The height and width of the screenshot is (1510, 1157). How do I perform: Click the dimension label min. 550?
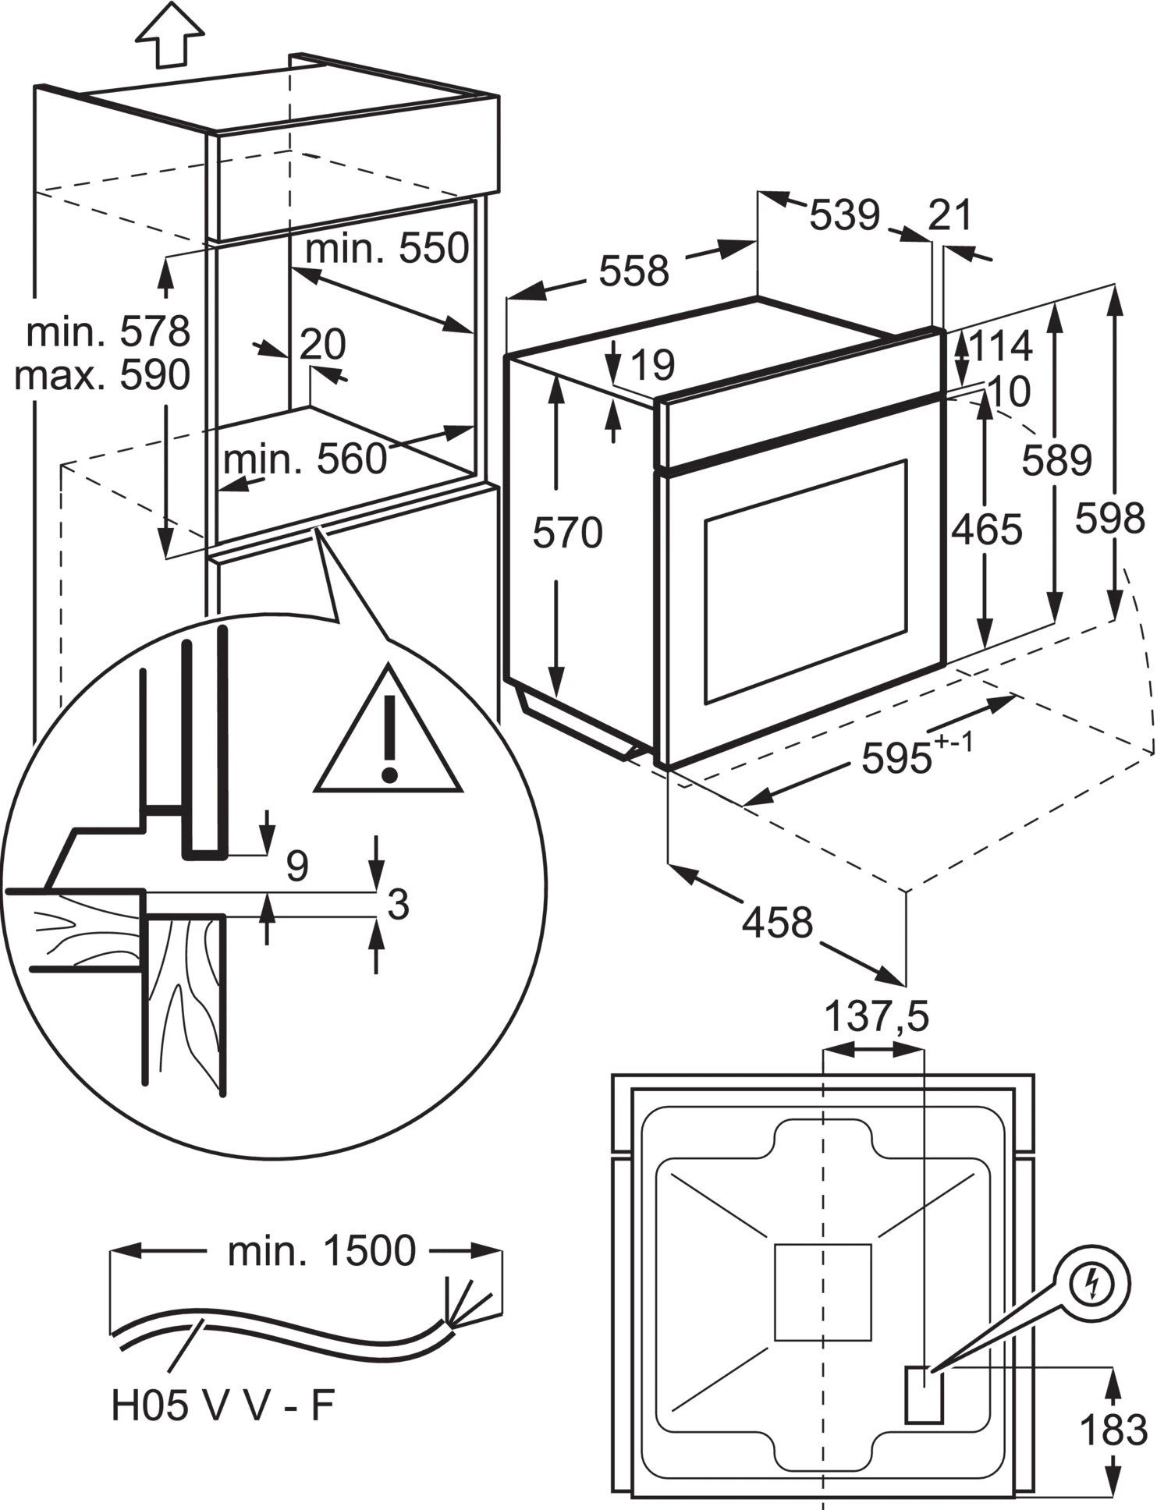pyautogui.click(x=387, y=249)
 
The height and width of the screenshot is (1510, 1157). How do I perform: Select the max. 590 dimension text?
pyautogui.click(x=102, y=375)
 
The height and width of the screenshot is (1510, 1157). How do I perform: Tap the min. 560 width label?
pyautogui.click(x=305, y=459)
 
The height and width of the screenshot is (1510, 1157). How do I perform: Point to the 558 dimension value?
pyautogui.click(x=634, y=271)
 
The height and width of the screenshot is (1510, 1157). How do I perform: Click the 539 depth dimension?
pyautogui.click(x=844, y=215)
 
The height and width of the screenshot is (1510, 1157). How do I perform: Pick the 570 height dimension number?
pyautogui.click(x=567, y=533)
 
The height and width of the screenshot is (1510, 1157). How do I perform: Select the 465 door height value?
pyautogui.click(x=986, y=530)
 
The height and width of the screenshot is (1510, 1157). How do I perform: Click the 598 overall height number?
pyautogui.click(x=1109, y=517)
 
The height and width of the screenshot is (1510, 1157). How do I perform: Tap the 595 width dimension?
pyautogui.click(x=897, y=757)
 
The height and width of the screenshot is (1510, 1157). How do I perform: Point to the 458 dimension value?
pyautogui.click(x=777, y=922)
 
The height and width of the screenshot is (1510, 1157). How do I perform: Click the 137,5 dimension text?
pyautogui.click(x=877, y=1017)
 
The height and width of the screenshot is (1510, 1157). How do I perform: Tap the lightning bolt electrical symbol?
pyautogui.click(x=1091, y=1285)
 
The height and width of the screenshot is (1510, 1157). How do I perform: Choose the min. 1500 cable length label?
pyautogui.click(x=321, y=1251)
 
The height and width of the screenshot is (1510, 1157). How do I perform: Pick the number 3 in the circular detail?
pyautogui.click(x=398, y=905)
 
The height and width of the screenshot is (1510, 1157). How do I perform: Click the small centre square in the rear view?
pyautogui.click(x=822, y=1292)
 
